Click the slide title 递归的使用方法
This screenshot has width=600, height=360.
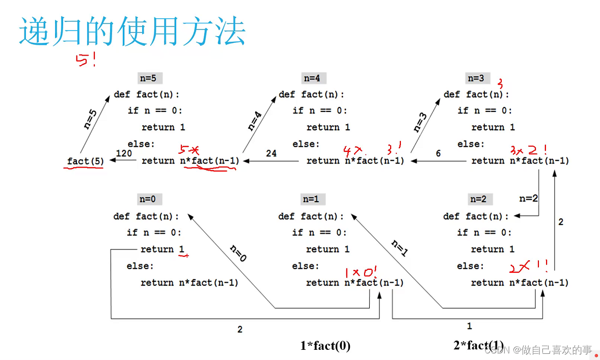click(132, 32)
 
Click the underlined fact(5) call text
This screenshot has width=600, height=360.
click(85, 161)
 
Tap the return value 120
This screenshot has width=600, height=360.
click(124, 153)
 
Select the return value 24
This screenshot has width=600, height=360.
click(271, 153)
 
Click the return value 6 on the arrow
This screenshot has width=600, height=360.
click(438, 153)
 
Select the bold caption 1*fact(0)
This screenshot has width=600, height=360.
click(325, 346)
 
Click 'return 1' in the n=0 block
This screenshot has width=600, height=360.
click(163, 250)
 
